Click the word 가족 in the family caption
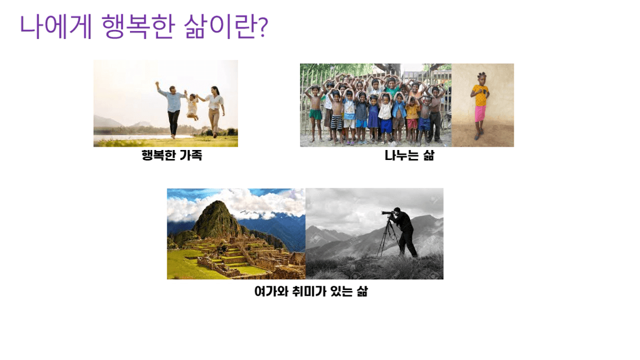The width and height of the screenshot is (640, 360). pos(191,155)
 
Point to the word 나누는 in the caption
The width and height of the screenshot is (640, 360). pos(402,155)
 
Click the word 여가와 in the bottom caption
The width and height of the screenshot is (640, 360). pos(271,291)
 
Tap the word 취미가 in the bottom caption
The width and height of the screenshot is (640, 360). pos(309,291)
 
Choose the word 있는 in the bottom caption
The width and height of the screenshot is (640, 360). pos(342,291)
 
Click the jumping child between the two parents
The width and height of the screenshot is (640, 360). pos(192,106)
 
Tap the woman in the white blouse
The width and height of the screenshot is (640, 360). pos(215,112)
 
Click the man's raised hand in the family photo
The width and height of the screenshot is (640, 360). pos(157,84)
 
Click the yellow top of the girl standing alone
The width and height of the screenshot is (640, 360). pos(479,95)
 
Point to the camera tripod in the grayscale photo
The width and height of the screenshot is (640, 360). pos(387,237)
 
